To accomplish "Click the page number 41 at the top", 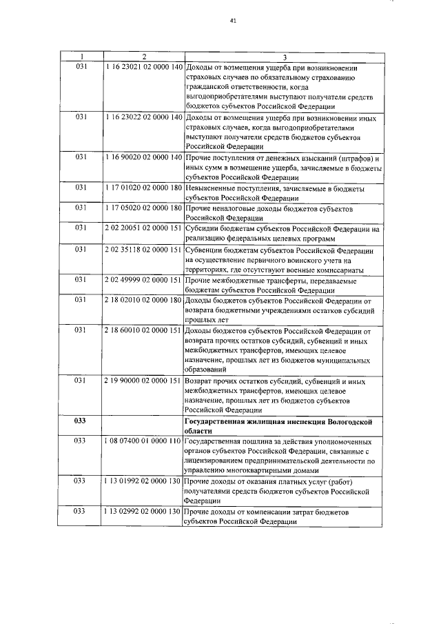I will tap(233, 21).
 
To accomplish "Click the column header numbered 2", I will tap(143, 57).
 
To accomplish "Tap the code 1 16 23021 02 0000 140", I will tap(143, 67).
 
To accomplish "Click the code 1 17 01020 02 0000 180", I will tap(143, 188).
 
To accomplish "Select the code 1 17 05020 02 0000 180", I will tap(143, 208).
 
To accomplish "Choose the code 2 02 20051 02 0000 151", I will tap(143, 228).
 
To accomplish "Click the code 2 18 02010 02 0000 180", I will tap(143, 300).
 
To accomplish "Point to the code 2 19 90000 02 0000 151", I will tap(143, 381).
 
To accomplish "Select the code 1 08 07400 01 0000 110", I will tap(143, 440).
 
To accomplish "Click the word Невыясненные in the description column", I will tap(213, 188).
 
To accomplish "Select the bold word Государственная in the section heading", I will tap(218, 420).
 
